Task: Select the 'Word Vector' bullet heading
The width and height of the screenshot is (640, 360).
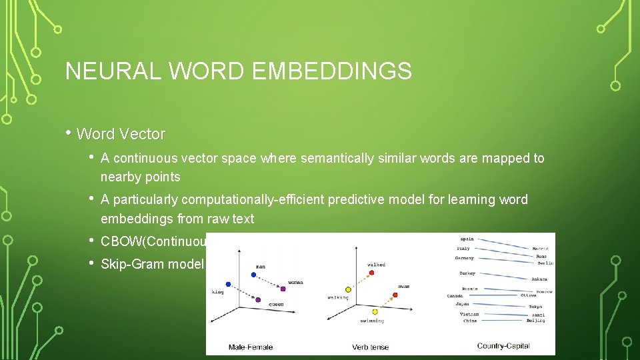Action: click(x=121, y=134)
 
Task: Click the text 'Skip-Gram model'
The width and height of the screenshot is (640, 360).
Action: click(x=152, y=264)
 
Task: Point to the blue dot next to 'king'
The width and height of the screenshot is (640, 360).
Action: click(x=228, y=284)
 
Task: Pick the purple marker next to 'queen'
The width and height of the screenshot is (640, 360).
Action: click(x=258, y=299)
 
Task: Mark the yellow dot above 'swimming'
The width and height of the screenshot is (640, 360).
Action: click(x=375, y=311)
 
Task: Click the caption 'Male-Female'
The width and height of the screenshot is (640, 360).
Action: click(x=251, y=347)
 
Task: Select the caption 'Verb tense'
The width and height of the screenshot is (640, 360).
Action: click(x=371, y=347)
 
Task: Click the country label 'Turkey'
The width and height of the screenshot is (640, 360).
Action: click(x=468, y=273)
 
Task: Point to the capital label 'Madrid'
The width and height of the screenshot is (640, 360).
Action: click(x=539, y=249)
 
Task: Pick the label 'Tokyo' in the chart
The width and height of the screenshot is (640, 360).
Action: click(x=535, y=307)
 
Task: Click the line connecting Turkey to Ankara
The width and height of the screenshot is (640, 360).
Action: click(x=503, y=276)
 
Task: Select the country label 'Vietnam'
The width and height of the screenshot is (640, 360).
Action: click(x=470, y=314)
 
